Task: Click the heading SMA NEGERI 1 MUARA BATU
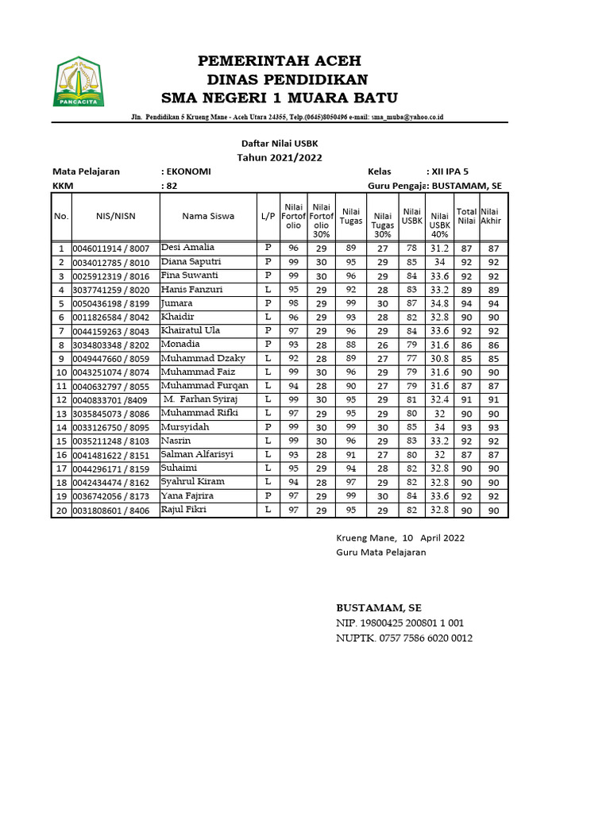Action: click(x=280, y=98)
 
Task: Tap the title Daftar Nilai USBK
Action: click(x=280, y=143)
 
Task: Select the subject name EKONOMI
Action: click(x=188, y=171)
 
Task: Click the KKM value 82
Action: click(x=171, y=186)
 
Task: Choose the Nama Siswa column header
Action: click(x=208, y=216)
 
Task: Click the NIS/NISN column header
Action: click(x=115, y=216)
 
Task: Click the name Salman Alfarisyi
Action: click(x=195, y=454)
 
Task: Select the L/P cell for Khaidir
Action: click(x=268, y=317)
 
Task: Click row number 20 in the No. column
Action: click(x=61, y=510)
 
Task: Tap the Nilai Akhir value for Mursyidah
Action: click(x=493, y=427)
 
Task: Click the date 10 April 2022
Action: click(x=433, y=538)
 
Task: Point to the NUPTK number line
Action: click(x=403, y=638)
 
